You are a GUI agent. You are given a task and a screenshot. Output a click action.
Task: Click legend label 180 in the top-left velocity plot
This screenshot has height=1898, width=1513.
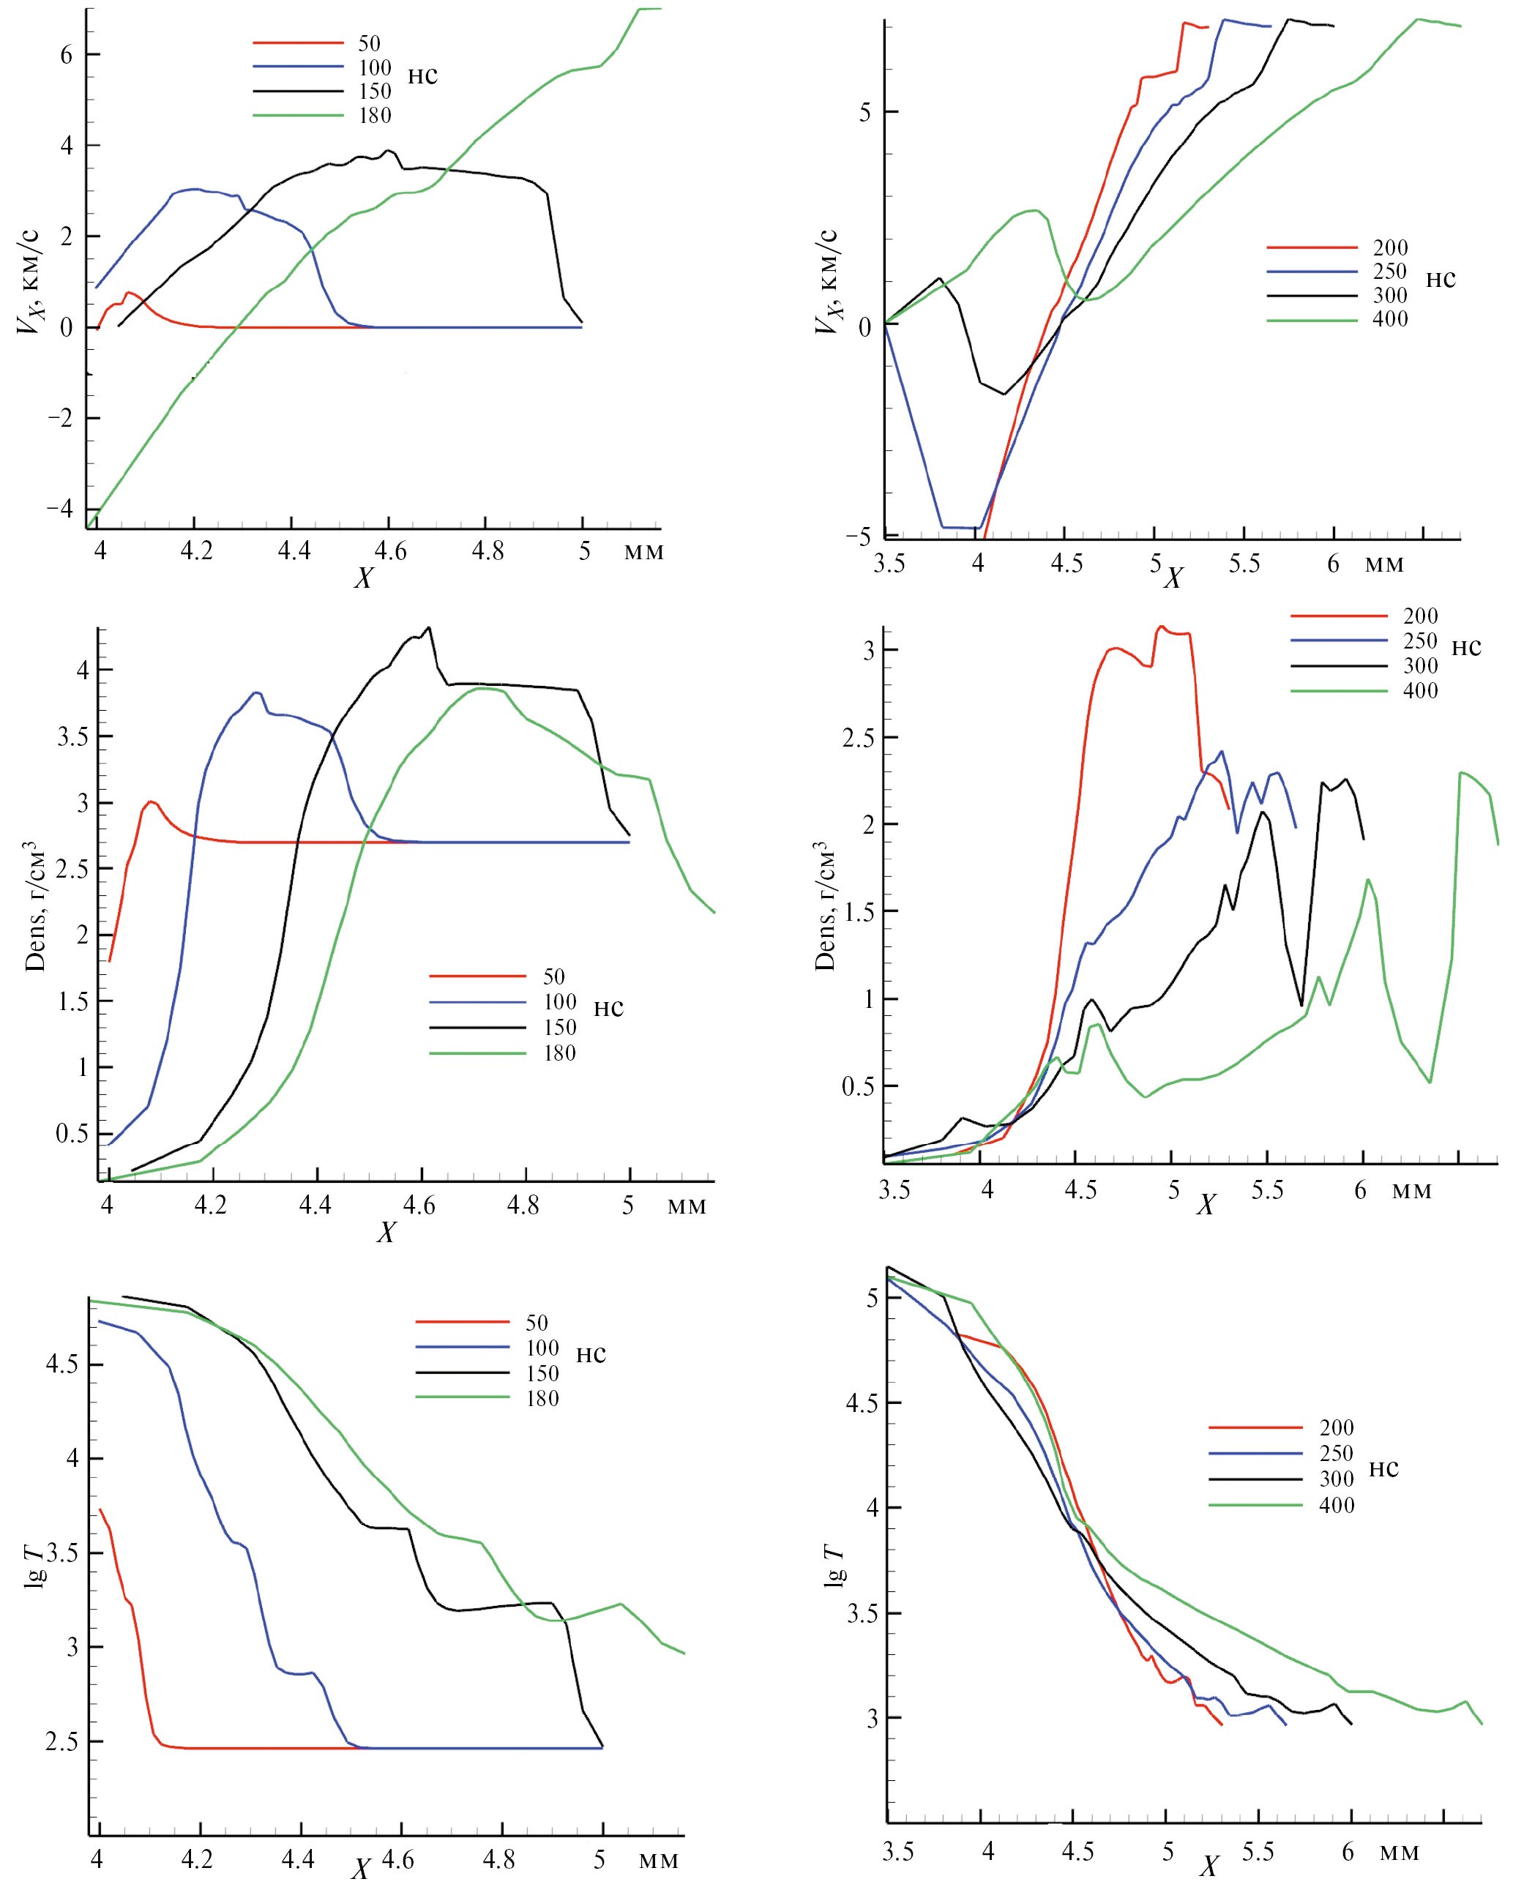pyautogui.click(x=374, y=116)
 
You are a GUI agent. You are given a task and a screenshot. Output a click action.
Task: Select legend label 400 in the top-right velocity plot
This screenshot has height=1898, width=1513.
pyautogui.click(x=1390, y=320)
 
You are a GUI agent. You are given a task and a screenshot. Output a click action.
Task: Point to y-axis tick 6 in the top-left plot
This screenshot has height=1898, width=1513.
pyautogui.click(x=67, y=55)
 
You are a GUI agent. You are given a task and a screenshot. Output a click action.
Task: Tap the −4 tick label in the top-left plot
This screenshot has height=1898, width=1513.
pyautogui.click(x=59, y=508)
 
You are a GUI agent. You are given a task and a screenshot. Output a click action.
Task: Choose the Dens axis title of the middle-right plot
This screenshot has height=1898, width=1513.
pyautogui.click(x=825, y=907)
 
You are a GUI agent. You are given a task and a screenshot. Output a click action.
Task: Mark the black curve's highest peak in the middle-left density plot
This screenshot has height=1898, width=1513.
pyautogui.click(x=429, y=628)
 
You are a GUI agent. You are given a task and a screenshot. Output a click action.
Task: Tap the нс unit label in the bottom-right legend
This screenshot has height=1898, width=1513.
pyautogui.click(x=1383, y=1469)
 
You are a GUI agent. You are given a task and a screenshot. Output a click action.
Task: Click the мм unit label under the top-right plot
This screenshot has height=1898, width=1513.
pyautogui.click(x=1383, y=564)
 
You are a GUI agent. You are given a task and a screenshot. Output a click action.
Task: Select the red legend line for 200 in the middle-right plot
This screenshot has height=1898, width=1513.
pyautogui.click(x=1338, y=616)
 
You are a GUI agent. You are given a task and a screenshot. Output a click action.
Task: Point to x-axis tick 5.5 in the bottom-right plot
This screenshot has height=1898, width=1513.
pyautogui.click(x=1258, y=1852)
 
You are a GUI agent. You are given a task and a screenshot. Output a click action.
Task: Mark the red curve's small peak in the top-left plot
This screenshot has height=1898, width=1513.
pyautogui.click(x=130, y=292)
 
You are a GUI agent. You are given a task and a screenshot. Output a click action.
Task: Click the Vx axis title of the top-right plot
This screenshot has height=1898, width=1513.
pyautogui.click(x=827, y=283)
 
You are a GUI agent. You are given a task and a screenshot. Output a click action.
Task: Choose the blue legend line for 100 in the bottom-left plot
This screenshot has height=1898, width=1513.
pyautogui.click(x=462, y=1347)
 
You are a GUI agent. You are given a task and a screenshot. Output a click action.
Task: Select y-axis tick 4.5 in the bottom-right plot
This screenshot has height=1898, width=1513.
pyautogui.click(x=862, y=1403)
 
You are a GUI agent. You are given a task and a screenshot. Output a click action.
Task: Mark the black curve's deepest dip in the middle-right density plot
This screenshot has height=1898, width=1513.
pyautogui.click(x=1301, y=1004)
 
